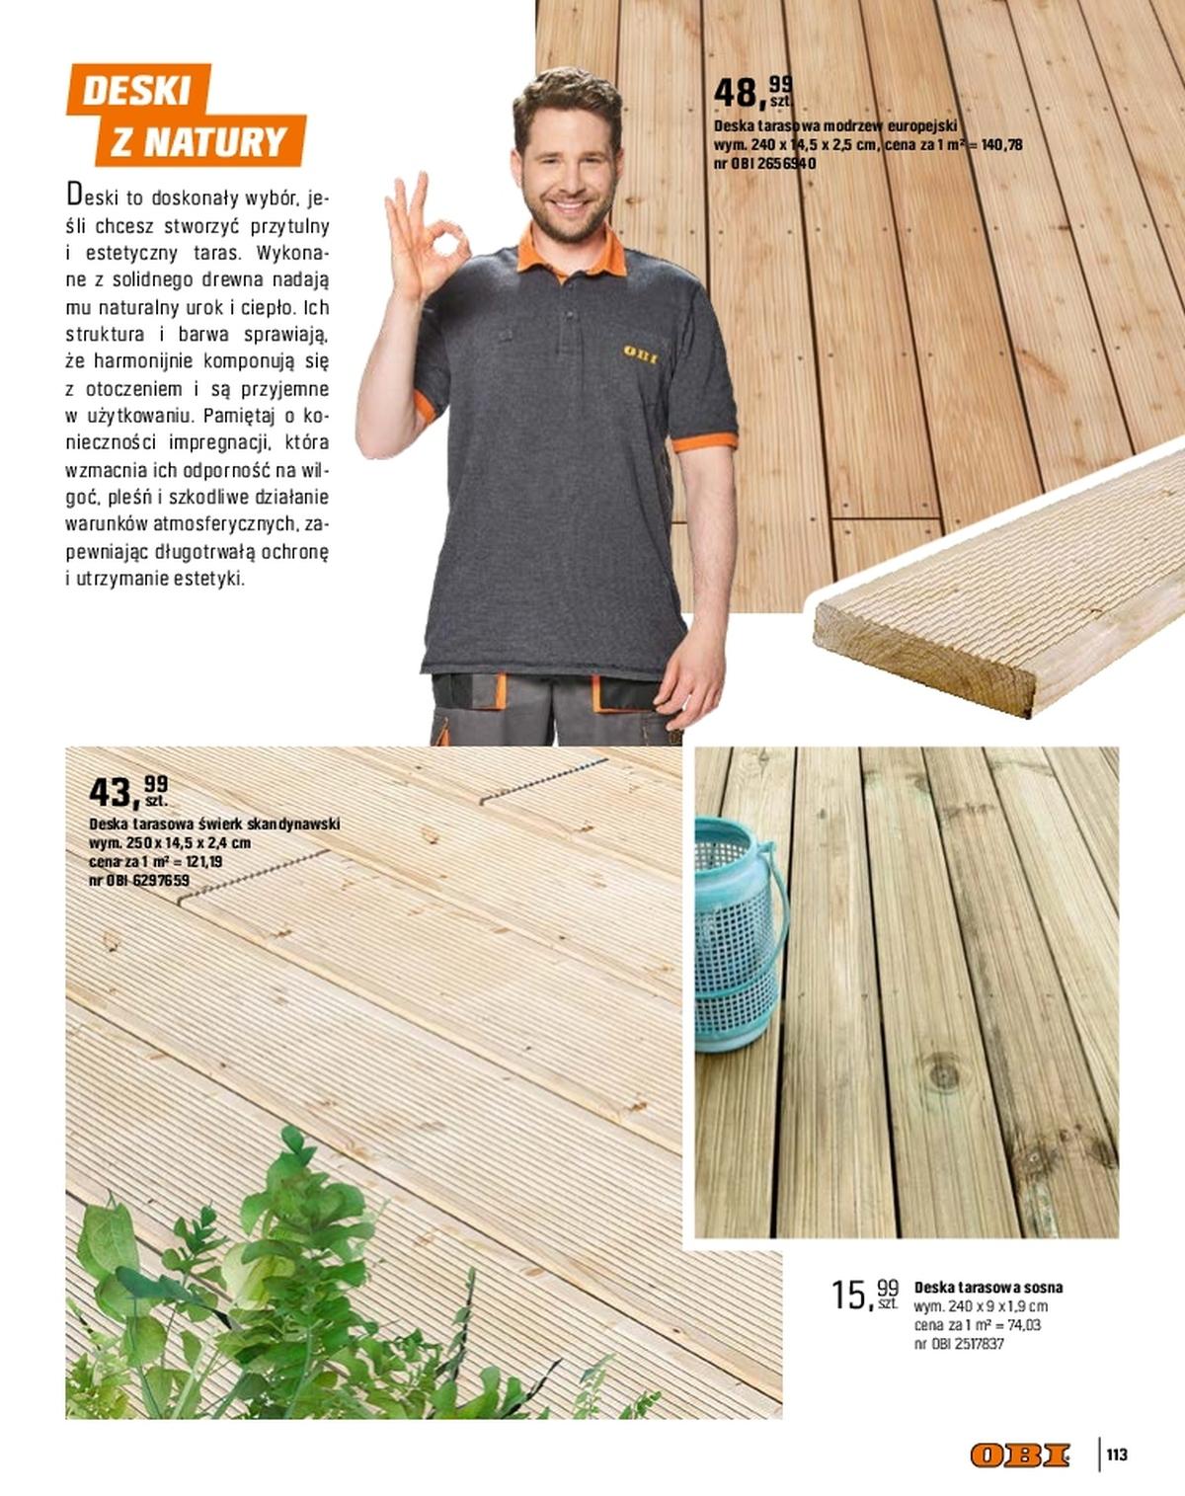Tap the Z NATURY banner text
tap(198, 142)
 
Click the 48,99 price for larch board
tap(751, 92)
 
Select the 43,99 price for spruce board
tap(127, 791)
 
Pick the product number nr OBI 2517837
tap(959, 1344)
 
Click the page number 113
tap(1117, 1455)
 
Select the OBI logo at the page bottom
tap(1020, 1455)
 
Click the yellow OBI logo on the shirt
tap(640, 354)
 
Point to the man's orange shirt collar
tap(573, 255)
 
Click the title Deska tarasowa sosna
tap(988, 1287)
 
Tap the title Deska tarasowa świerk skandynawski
tap(214, 824)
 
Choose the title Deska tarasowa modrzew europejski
tap(835, 126)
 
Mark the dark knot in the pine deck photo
tap(943, 1071)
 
